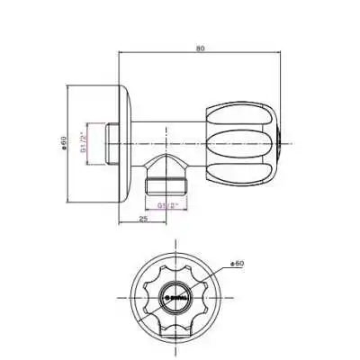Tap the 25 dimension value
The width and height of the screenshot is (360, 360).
click(144, 218)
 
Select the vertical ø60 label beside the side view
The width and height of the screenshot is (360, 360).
click(64, 142)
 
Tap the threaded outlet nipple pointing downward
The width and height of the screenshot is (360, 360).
click(169, 187)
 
